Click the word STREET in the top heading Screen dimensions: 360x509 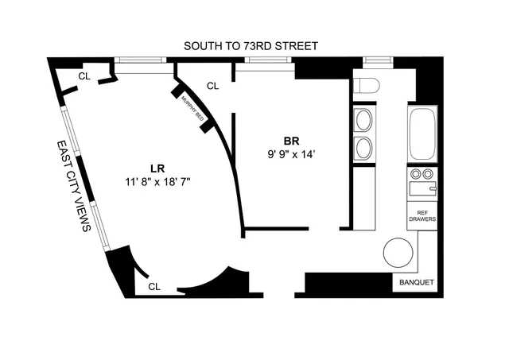point(297,46)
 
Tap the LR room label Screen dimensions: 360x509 point(157,167)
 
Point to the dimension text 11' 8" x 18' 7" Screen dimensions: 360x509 point(157,181)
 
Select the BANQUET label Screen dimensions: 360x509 point(414,281)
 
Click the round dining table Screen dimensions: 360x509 point(398,254)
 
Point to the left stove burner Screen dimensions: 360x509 point(414,174)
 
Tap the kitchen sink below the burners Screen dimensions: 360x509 point(422,189)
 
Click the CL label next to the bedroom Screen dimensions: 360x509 point(212,86)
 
